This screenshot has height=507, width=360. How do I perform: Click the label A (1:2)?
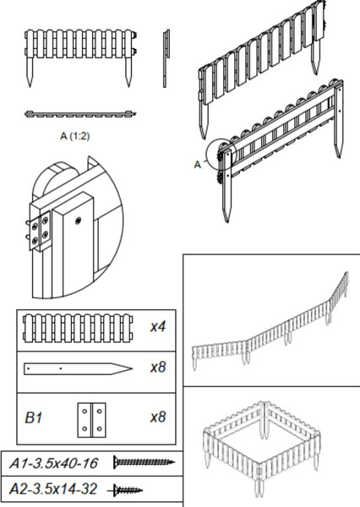pyautogui.click(x=74, y=136)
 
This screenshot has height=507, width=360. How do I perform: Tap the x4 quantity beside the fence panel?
pyautogui.click(x=158, y=326)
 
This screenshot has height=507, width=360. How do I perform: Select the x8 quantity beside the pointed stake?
pyautogui.click(x=158, y=367)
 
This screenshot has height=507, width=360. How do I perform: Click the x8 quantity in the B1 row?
pyautogui.click(x=158, y=417)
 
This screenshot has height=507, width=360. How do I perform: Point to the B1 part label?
pyautogui.click(x=33, y=417)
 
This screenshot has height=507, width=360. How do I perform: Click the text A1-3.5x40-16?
pyautogui.click(x=53, y=463)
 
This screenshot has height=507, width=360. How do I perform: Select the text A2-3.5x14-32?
pyautogui.click(x=53, y=489)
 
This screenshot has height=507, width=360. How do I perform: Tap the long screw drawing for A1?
pyautogui.click(x=144, y=462)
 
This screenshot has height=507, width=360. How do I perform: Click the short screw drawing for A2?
pyautogui.click(x=126, y=490)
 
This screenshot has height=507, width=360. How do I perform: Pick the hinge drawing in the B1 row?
pyautogui.click(x=91, y=420)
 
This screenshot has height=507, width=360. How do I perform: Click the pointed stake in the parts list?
pyautogui.click(x=78, y=368)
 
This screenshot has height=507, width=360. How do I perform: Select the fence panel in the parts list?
pyautogui.click(x=78, y=328)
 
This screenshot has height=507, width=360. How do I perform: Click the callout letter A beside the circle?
pyautogui.click(x=197, y=165)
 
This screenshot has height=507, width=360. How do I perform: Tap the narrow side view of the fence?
pyautogui.click(x=166, y=58)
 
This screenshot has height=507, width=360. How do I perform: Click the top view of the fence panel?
pyautogui.click(x=80, y=114)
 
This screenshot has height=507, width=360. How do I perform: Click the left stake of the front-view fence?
pyautogui.click(x=30, y=72)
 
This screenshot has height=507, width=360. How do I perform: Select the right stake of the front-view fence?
pyautogui.click(x=128, y=72)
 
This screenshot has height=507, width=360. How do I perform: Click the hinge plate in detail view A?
pyautogui.click(x=40, y=231)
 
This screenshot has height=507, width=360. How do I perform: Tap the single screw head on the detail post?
pyautogui.click(x=78, y=221)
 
